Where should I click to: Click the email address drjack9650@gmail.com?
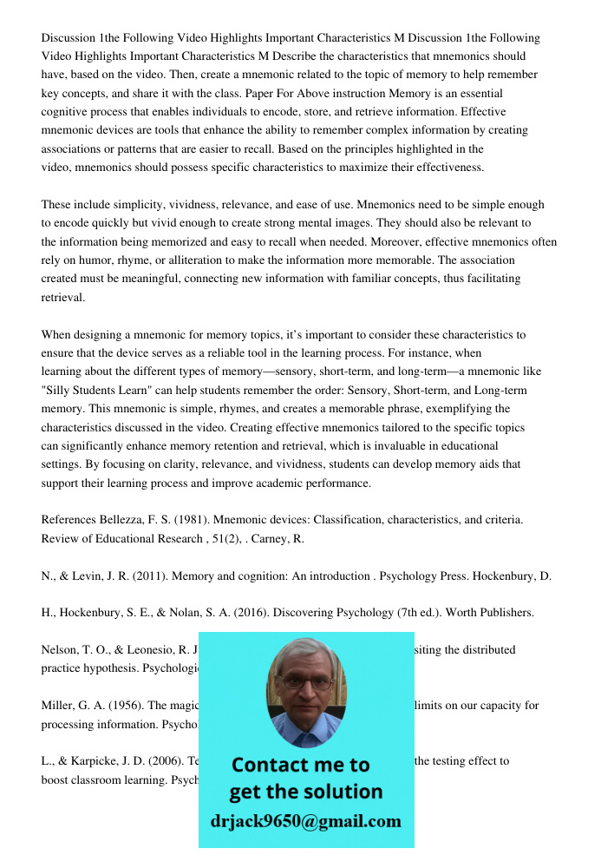pyautogui.click(x=306, y=821)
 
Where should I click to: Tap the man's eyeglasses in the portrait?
pyautogui.click(x=306, y=682)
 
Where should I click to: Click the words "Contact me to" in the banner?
pyautogui.click(x=300, y=765)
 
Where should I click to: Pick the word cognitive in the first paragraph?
pyautogui.click(x=66, y=112)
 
